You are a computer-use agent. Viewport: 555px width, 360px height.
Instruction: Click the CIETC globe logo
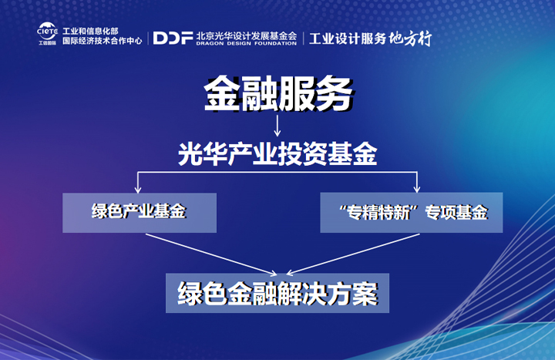tap(47, 33)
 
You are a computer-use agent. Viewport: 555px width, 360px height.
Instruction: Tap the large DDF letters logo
tap(173, 38)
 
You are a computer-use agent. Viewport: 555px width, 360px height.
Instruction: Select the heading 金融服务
tap(278, 93)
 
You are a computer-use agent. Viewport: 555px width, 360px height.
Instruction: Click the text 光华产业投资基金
tap(277, 154)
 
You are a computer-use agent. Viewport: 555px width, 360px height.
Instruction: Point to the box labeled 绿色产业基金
tap(140, 213)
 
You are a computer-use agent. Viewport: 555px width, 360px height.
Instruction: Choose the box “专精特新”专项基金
tap(412, 213)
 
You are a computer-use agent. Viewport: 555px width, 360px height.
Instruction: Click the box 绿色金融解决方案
tap(277, 293)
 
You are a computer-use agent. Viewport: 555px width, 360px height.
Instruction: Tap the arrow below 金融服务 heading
tap(277, 126)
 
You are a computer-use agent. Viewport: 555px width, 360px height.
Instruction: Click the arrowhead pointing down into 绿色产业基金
tap(138, 190)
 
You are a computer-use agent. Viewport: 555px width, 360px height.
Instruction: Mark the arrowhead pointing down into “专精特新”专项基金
tap(417, 189)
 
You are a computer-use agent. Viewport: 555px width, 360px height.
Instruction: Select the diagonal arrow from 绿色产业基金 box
tap(211, 254)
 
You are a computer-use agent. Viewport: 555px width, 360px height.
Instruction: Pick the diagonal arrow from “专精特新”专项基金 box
tap(353, 254)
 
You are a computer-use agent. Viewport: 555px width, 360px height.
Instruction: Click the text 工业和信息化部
tap(90, 31)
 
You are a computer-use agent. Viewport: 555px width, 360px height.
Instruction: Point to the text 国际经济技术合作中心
tap(103, 41)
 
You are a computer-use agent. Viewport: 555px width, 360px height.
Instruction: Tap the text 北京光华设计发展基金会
tap(247, 35)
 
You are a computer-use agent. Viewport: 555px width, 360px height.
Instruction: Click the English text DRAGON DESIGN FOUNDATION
tap(247, 43)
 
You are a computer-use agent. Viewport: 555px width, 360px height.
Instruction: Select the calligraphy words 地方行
tap(411, 39)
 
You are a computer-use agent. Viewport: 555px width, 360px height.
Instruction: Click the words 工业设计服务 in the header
tap(348, 39)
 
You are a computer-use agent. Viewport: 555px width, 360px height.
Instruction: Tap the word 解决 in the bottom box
tap(302, 294)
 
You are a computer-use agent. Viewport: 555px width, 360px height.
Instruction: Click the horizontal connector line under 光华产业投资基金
tap(277, 173)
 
